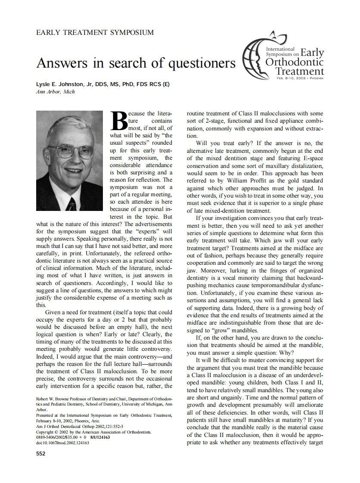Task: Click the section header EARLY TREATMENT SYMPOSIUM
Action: (x=95, y=32)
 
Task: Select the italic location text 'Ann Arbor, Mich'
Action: (x=56, y=92)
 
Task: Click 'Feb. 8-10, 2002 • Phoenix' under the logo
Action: (x=300, y=78)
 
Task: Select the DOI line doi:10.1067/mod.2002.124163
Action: (x=63, y=442)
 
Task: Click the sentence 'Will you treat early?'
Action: (x=223, y=143)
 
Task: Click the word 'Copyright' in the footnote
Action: (x=46, y=432)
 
